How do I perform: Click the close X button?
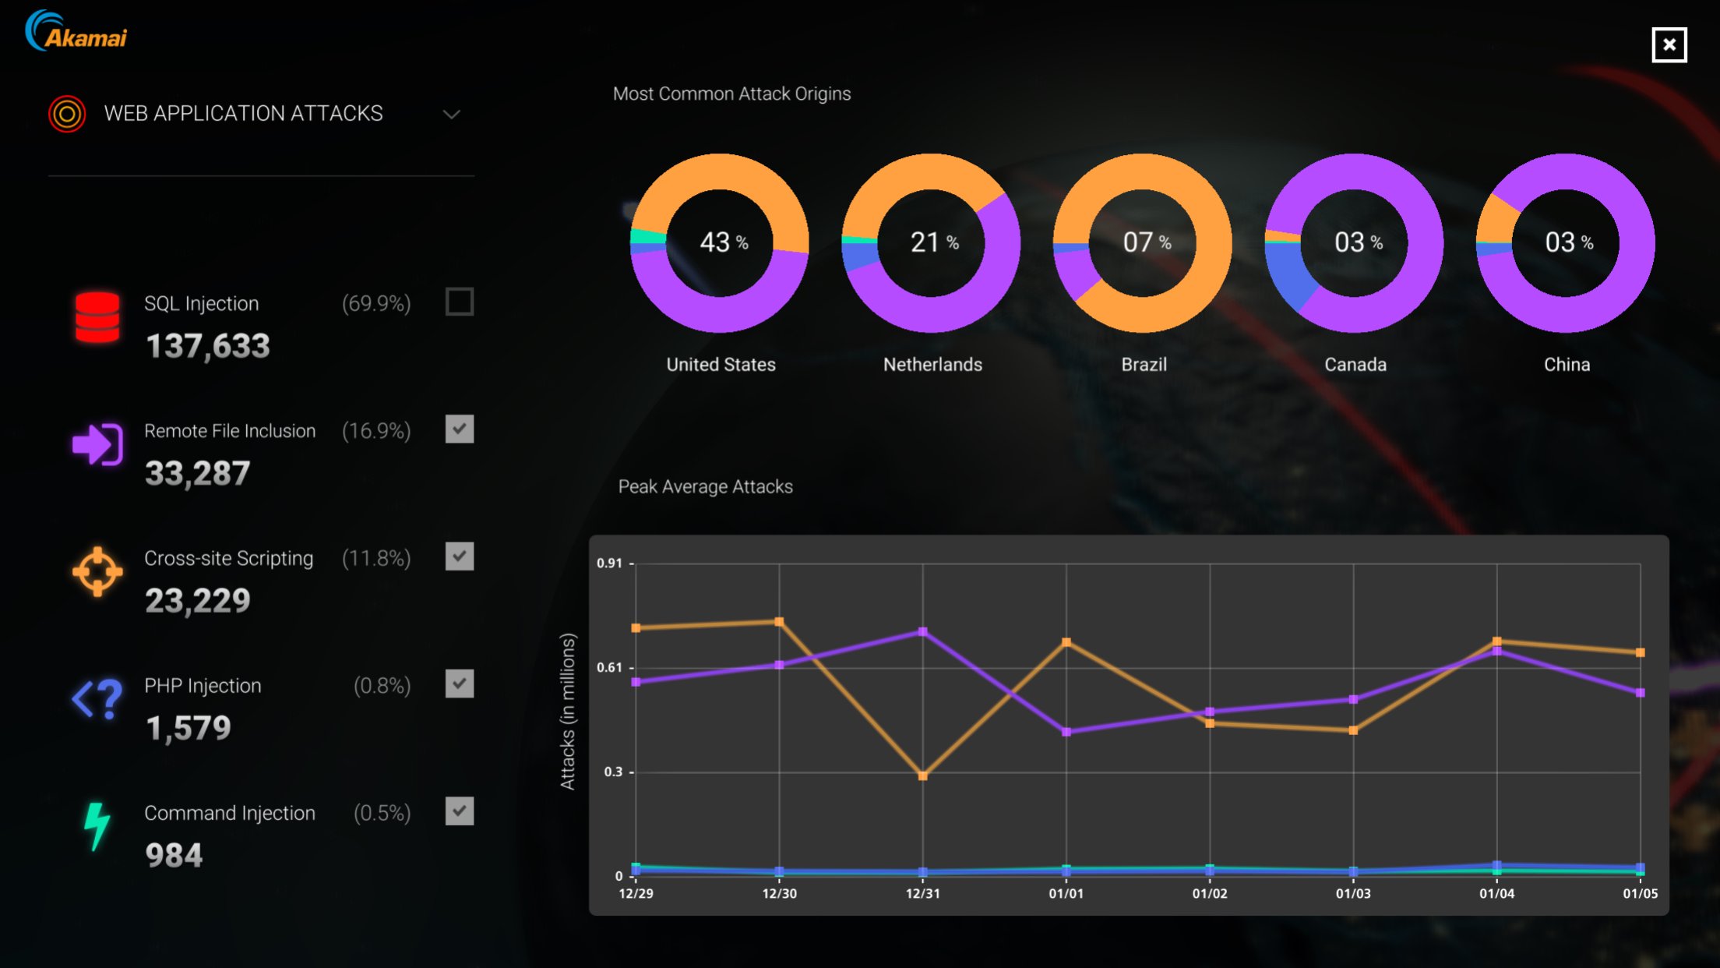[x=1669, y=44]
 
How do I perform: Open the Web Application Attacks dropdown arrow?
[x=451, y=115]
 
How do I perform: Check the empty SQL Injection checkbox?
[x=459, y=302]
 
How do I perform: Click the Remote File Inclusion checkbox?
[x=459, y=429]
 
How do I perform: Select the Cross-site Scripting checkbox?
[x=459, y=556]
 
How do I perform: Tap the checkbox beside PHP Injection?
[x=459, y=684]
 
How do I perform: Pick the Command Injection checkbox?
[x=459, y=811]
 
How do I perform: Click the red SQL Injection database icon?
[x=97, y=317]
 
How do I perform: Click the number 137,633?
[x=208, y=346]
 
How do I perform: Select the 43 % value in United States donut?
[x=723, y=242]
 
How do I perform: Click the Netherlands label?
[x=932, y=365]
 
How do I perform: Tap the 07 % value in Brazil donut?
[x=1146, y=242]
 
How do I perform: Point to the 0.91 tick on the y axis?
[x=610, y=563]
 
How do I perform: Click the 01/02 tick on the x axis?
[x=1209, y=893]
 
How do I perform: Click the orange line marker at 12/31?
[x=922, y=775]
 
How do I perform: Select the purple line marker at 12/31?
[x=922, y=631]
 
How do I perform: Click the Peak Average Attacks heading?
[x=705, y=486]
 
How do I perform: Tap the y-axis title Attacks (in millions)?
[x=568, y=711]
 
